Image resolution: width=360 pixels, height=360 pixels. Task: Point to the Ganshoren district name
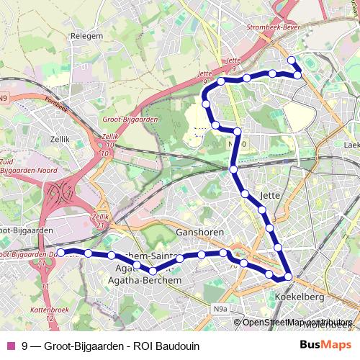point(200,233)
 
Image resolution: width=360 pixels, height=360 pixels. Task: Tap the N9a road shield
point(220,309)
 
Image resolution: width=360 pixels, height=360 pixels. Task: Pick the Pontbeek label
point(55,104)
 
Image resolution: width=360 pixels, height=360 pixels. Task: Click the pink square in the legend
point(10,345)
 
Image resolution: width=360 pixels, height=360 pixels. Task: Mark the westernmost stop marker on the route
point(61,252)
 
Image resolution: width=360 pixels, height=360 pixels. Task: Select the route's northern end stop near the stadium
point(292,60)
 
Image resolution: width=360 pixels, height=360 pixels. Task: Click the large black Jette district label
point(269,194)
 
